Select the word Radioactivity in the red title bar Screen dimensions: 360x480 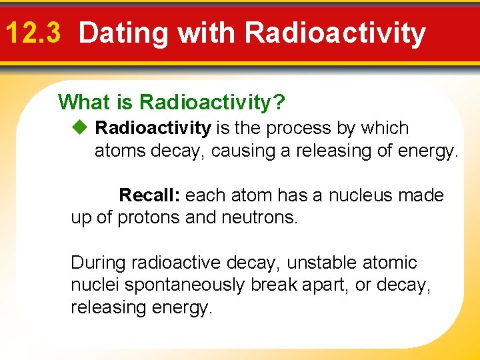335,33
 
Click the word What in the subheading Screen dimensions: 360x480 83,102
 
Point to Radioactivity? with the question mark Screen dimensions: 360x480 213,102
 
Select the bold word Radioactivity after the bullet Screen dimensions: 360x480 153,128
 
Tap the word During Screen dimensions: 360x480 99,263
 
